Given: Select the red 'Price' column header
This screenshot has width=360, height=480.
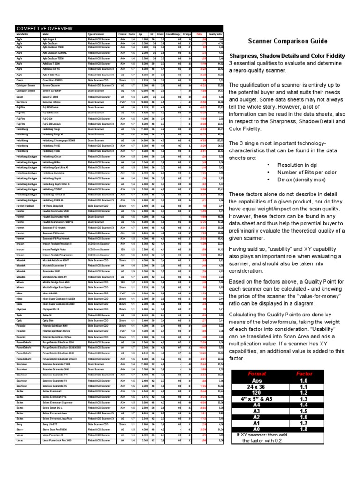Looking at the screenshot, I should (x=199, y=34).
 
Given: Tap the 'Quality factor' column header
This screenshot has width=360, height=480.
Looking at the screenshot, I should (x=216, y=34).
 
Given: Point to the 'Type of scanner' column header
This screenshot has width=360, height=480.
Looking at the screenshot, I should (x=96, y=34).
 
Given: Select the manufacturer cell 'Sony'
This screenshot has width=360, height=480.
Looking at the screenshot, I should (x=19, y=424).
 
